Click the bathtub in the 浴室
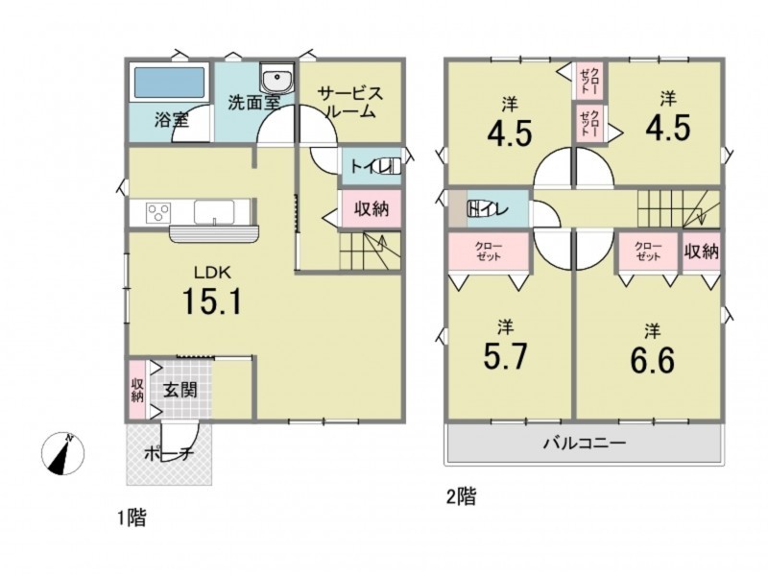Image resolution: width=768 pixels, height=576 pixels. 169,83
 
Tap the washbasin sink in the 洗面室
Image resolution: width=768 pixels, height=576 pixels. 276,78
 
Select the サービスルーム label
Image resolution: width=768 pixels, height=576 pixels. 349,102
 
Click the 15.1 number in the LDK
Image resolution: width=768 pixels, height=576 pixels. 212,300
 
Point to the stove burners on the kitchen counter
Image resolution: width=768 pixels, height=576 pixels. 158,213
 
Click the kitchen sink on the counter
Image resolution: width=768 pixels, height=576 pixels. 214,211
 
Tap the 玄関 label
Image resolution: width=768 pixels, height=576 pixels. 180,390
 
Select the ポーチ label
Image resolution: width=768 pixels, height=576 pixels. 169,454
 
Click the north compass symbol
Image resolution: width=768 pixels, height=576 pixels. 62,453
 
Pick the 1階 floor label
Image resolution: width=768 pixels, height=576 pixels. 132,517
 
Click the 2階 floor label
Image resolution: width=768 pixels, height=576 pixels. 462,497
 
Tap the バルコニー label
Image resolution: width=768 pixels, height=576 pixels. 585,444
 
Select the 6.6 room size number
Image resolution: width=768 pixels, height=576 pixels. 653,360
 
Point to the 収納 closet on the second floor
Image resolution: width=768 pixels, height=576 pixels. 702,252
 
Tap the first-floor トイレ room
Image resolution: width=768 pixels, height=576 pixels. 372,166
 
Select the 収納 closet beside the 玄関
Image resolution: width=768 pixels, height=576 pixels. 137,390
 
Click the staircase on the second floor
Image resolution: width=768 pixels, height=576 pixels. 679,208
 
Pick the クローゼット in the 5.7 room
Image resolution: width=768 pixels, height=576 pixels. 489,252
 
